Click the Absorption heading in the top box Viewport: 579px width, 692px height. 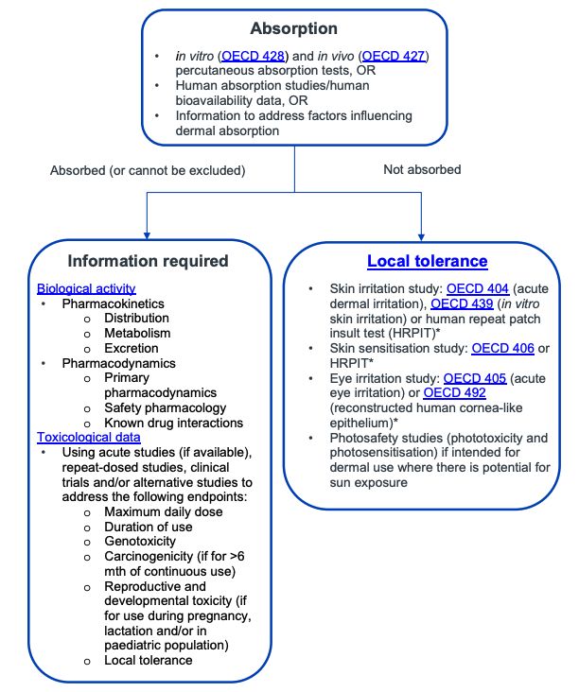pos(293,28)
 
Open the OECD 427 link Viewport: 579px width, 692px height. pos(395,57)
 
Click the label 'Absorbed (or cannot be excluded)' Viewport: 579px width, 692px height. pos(148,170)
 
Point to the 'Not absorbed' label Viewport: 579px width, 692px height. pos(422,170)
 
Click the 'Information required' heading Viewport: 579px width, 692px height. pos(148,261)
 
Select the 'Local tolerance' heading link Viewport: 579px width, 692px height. pos(427,261)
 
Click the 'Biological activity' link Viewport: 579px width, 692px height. pos(86,288)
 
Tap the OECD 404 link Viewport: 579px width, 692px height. pos(478,288)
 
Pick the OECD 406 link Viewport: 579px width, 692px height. pos(502,348)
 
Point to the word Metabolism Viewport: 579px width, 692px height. pos(138,333)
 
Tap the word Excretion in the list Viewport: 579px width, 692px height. pos(132,348)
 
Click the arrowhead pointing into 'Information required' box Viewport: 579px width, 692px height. pos(148,234)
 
